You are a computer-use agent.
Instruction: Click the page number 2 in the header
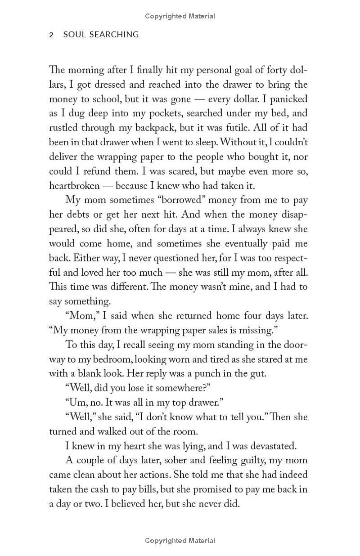(51, 35)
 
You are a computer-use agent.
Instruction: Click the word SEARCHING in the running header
(115, 35)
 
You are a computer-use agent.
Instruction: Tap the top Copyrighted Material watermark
(180, 16)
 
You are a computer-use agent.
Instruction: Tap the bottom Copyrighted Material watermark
(180, 541)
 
